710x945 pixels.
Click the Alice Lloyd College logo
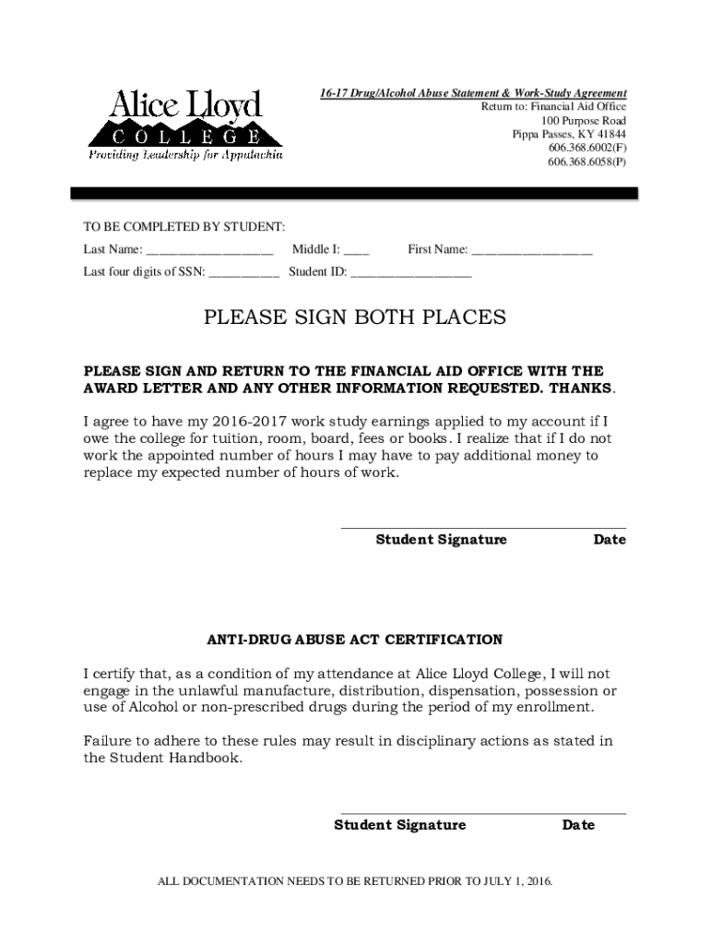coord(185,126)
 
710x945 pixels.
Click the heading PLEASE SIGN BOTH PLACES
coord(355,318)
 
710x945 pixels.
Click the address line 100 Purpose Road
coord(584,121)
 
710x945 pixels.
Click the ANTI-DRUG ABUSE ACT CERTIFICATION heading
coord(355,640)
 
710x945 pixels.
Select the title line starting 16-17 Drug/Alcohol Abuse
coord(473,94)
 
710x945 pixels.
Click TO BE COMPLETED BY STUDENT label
coord(184,227)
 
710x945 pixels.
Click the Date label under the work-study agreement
coord(609,540)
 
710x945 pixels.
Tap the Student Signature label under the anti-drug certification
coord(399,825)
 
